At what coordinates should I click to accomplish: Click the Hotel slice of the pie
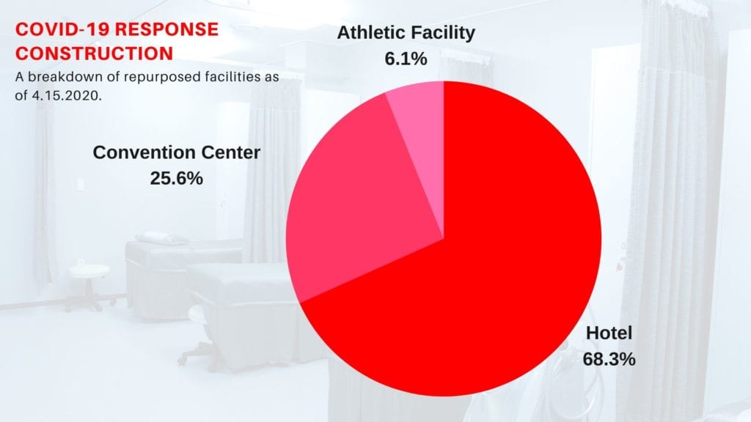coord(479,268)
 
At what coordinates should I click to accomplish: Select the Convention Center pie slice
coord(354,201)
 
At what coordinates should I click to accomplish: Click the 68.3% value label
coord(609,359)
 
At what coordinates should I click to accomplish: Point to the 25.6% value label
coord(176,179)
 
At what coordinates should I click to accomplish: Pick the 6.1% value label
coord(406,59)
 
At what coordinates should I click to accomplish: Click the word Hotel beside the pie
coord(609,333)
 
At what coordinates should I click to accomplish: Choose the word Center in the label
coord(231,152)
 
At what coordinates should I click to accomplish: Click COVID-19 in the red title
coord(63,29)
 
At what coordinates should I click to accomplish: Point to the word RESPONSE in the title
coord(166,29)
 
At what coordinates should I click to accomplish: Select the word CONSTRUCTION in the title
coord(94,53)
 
